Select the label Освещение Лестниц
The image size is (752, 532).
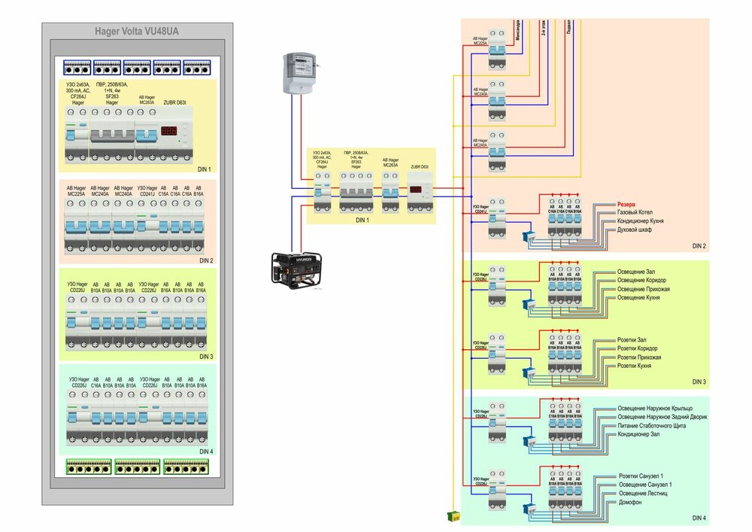tap(644, 493)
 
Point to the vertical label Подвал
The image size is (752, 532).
tap(569, 30)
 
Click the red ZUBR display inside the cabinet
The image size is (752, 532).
tap(170, 132)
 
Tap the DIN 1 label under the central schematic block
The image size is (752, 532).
tap(362, 219)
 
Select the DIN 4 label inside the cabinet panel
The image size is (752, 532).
tap(206, 451)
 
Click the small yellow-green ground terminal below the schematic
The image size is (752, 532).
tap(453, 515)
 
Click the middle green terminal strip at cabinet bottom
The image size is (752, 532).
tap(137, 467)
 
